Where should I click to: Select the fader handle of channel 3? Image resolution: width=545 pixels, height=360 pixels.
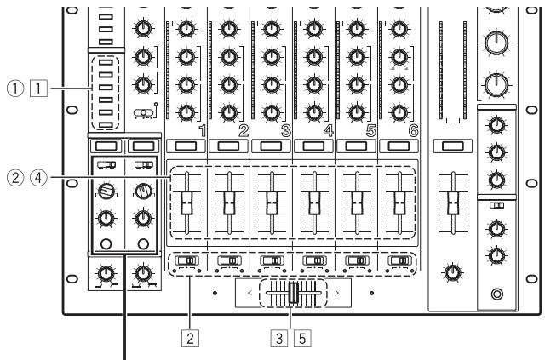click(271, 203)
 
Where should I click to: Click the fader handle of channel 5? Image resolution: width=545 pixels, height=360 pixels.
click(356, 203)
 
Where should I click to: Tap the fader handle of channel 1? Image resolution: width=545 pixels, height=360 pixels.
click(186, 203)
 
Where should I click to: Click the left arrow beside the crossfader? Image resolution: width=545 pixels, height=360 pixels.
click(247, 293)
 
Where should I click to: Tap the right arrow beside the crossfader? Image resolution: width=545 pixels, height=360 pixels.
click(338, 293)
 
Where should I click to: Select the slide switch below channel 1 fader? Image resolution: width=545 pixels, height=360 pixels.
click(186, 260)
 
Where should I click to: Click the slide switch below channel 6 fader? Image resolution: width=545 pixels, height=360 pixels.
click(398, 260)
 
